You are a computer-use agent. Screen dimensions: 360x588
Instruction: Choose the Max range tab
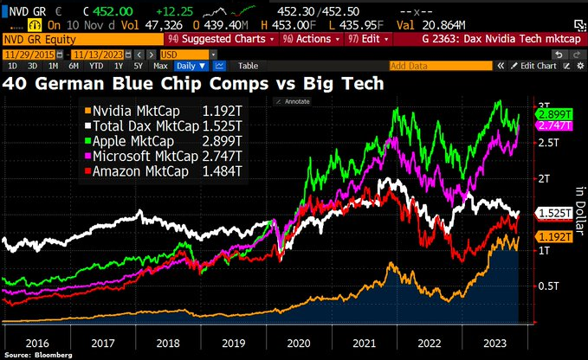coord(160,66)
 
